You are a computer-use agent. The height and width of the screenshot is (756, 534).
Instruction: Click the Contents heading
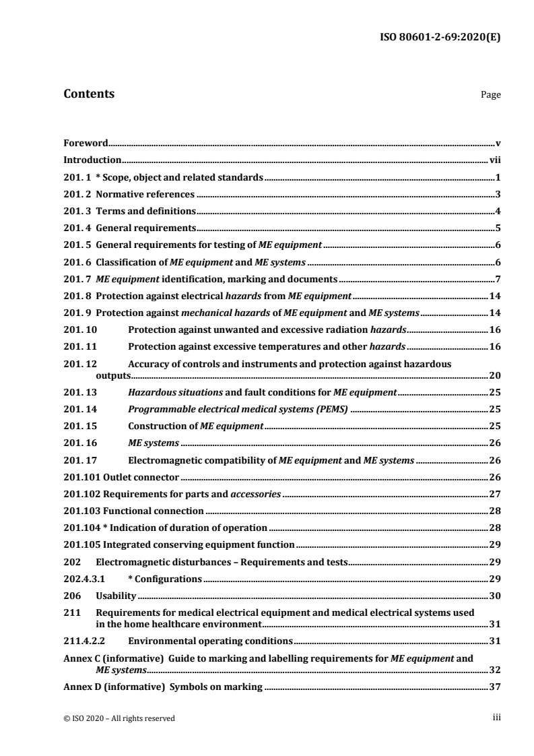(88, 94)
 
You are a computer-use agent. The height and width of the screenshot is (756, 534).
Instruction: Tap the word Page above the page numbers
(490, 96)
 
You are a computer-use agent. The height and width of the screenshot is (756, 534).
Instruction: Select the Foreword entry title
(86, 143)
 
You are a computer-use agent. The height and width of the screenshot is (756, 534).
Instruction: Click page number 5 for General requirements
(498, 228)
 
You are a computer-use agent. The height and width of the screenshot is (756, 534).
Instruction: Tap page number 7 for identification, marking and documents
(498, 280)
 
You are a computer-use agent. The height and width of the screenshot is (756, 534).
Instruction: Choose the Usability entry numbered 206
(116, 596)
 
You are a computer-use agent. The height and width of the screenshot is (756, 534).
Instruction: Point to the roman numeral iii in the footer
(497, 718)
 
